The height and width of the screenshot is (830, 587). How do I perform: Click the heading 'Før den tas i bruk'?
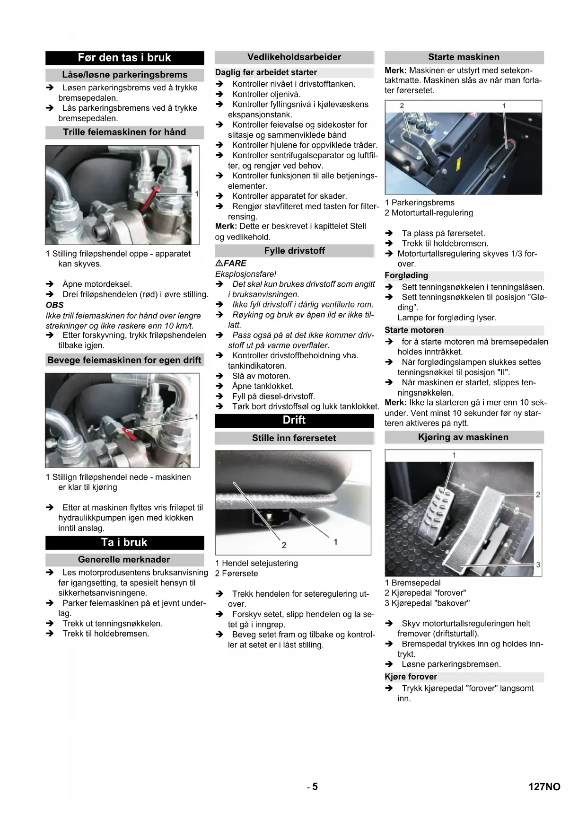(x=124, y=58)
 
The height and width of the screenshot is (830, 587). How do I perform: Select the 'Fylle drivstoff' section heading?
(x=294, y=251)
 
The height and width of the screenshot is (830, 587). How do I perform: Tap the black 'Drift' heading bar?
(x=294, y=420)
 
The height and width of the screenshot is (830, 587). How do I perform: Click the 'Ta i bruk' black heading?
(x=124, y=542)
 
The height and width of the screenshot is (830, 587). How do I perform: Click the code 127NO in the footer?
(x=544, y=786)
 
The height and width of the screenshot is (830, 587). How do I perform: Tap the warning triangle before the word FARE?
(x=219, y=263)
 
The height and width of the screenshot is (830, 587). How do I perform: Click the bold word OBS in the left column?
(x=55, y=305)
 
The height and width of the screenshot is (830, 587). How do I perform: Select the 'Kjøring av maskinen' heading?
(x=464, y=437)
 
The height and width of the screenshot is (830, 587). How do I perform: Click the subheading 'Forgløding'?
(x=406, y=275)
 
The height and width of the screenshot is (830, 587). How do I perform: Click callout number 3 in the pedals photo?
(x=538, y=565)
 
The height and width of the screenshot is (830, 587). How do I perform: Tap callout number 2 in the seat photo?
(x=284, y=545)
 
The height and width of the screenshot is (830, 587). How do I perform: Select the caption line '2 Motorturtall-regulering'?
(x=429, y=213)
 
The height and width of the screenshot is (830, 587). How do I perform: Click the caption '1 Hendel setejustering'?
(x=257, y=563)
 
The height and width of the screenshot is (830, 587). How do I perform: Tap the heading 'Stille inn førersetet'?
(x=294, y=438)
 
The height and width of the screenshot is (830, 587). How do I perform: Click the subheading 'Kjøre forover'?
(x=411, y=677)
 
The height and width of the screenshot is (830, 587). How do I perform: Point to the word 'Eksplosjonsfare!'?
(x=246, y=274)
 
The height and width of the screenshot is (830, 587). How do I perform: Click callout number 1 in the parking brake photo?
(x=504, y=106)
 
